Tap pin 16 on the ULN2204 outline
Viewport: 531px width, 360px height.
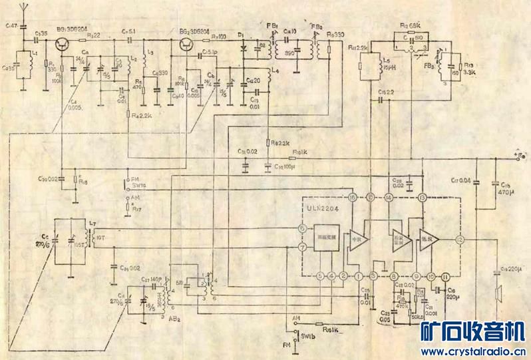[x=352, y=197]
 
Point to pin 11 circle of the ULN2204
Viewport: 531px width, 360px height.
[x=445, y=275]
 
